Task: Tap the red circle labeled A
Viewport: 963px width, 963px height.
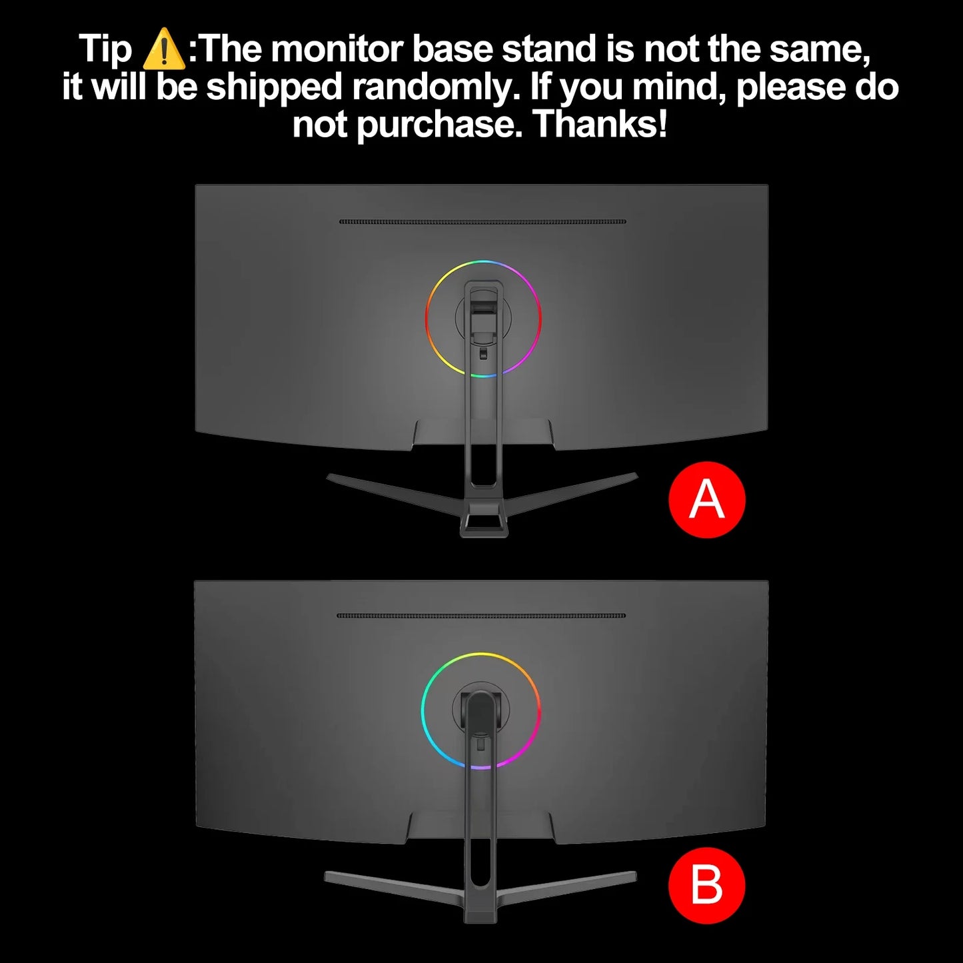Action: click(x=706, y=500)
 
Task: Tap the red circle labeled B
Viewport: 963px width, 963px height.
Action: click(x=706, y=885)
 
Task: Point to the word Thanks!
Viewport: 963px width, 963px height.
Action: click(x=600, y=124)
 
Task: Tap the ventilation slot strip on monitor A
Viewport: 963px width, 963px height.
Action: click(x=482, y=221)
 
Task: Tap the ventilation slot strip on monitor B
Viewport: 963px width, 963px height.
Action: click(x=481, y=616)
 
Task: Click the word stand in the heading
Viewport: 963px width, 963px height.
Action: click(x=550, y=49)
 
